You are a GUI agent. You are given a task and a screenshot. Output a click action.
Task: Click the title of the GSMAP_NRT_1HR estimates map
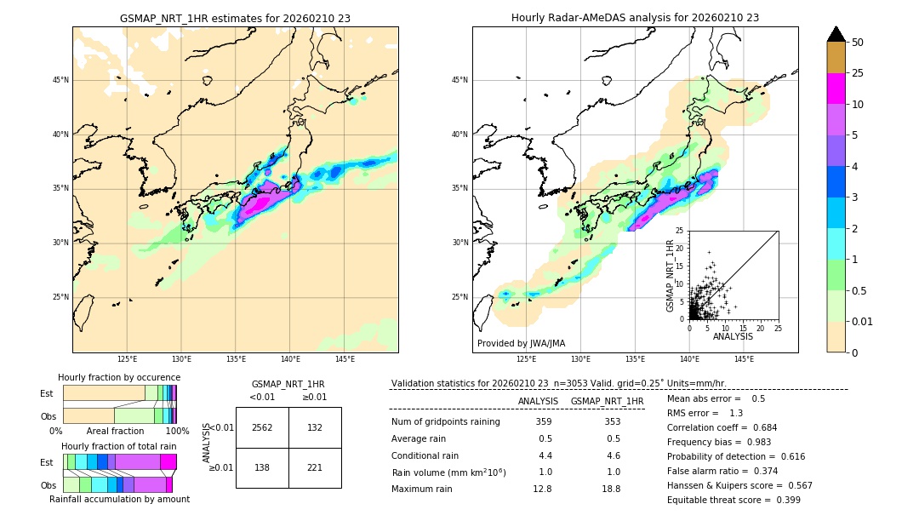coord(235,18)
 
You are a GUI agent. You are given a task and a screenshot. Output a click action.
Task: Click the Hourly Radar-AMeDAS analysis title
coord(635,18)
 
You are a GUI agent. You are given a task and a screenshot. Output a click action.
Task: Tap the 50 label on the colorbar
coord(858,43)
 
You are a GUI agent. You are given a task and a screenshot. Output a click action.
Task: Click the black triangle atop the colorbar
coord(836,34)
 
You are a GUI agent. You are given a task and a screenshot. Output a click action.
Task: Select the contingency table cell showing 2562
coord(262,427)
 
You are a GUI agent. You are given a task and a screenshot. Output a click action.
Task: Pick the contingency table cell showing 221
coord(315,468)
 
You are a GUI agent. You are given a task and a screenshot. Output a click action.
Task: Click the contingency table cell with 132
coord(315,427)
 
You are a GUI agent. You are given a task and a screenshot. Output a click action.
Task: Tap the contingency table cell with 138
coord(262,468)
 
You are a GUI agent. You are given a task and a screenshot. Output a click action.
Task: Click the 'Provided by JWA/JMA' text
coord(521,344)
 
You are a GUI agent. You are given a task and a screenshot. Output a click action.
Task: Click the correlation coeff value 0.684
coord(759,427)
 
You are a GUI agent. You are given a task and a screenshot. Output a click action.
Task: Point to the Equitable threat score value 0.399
coord(783,500)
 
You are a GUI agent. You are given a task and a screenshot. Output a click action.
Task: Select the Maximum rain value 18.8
coord(611,489)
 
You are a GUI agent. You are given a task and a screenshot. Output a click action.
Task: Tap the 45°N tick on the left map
coord(60,80)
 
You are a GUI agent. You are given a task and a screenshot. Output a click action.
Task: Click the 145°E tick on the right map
coord(744,359)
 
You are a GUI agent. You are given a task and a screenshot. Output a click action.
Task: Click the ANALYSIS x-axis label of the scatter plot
coord(733,336)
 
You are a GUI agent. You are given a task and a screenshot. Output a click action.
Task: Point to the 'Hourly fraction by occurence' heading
coord(119,377)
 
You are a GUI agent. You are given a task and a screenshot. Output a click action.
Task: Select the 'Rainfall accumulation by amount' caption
coord(119,499)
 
